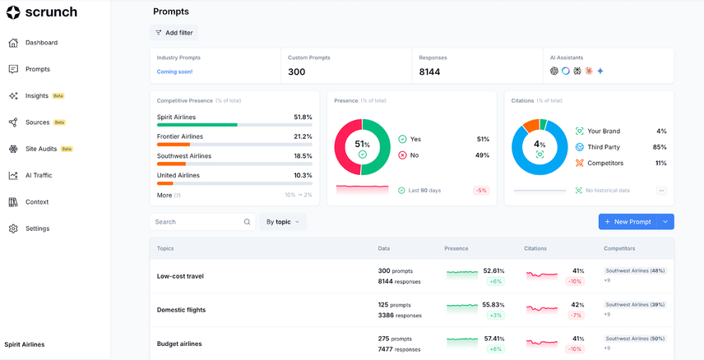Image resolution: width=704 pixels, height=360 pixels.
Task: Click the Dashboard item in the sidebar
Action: (41, 43)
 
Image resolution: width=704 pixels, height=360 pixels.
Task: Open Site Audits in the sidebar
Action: (41, 149)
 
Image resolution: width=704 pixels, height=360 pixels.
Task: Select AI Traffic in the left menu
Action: (38, 175)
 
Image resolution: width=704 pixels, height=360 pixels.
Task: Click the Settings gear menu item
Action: (37, 228)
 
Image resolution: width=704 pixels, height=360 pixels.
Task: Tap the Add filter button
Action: (174, 33)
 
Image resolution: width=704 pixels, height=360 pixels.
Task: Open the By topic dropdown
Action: (283, 222)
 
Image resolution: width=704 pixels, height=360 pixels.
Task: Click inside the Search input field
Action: (197, 222)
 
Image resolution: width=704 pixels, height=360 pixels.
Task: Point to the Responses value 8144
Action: (429, 72)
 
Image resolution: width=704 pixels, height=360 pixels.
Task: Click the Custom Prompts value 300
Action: (296, 72)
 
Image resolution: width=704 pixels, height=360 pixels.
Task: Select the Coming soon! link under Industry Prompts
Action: (174, 72)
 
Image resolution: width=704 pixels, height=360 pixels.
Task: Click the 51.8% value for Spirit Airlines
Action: (303, 118)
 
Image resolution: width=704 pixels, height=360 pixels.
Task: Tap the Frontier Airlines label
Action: (179, 136)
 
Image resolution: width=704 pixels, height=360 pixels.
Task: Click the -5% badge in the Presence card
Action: (480, 191)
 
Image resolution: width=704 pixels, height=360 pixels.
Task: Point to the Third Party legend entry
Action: (604, 147)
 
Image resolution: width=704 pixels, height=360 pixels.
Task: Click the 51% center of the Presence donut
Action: (362, 145)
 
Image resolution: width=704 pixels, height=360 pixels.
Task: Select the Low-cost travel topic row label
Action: (180, 276)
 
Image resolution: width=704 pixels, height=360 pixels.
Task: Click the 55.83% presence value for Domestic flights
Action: (493, 304)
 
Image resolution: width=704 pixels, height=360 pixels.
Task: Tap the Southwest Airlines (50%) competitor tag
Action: (635, 338)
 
